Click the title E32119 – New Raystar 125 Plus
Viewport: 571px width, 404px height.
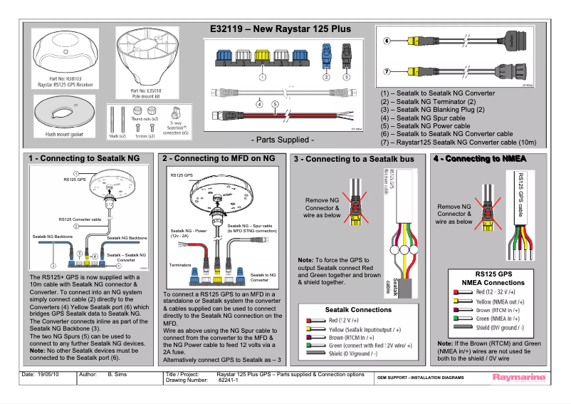281,29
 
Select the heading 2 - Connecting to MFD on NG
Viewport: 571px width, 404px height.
219,157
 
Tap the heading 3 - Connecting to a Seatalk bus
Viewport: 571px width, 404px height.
354,159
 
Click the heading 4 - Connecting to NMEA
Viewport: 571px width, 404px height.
475,158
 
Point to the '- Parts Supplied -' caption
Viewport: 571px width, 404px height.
283,139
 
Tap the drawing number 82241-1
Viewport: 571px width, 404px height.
229,379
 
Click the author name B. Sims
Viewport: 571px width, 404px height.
117,374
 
